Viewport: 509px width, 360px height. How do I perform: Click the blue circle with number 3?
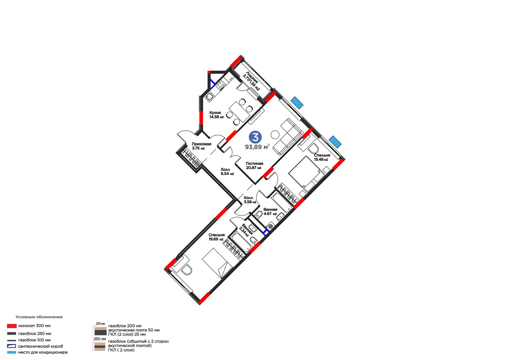coord(255,137)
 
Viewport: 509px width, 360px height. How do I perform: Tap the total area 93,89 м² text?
coord(257,147)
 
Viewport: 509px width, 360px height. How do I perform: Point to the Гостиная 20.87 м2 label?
coord(254,166)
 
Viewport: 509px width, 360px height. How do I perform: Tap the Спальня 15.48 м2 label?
coord(322,157)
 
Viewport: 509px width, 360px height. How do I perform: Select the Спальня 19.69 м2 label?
coord(217,237)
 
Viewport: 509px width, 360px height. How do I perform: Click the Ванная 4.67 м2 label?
coord(270,211)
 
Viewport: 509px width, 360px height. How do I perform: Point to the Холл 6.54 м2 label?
coord(227,172)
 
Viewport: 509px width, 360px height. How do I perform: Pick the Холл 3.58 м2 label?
coord(250,200)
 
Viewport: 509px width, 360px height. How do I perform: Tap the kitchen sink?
coord(209,97)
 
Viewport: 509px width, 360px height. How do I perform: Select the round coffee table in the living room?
coord(275,134)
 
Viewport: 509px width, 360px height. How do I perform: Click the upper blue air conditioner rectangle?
coord(297,102)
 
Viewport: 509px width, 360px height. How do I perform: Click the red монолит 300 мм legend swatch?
coord(11,326)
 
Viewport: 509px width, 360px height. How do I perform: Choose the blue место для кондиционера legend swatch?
coord(11,352)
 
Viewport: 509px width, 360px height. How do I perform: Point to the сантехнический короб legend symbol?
coord(11,346)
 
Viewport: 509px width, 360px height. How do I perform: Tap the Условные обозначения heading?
coord(39,317)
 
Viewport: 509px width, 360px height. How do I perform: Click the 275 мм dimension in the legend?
coord(101,323)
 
